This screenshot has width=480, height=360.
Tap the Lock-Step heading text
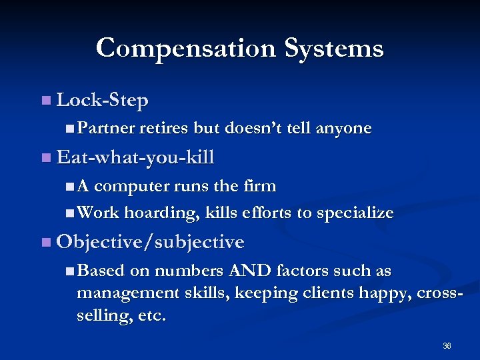pos(103,101)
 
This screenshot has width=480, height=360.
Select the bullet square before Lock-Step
pos(45,101)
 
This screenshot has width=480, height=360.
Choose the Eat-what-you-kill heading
pos(135,158)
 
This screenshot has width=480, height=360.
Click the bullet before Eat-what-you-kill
pos(45,158)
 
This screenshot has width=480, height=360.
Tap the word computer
pos(141,185)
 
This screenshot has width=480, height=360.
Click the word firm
pos(261,185)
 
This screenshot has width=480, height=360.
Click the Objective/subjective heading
pos(151,242)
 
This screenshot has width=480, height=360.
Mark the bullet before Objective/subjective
pos(45,242)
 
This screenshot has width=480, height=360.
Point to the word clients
pos(327,293)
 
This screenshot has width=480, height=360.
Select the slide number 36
pos(447,346)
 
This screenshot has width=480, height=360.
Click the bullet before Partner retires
pos(71,128)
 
